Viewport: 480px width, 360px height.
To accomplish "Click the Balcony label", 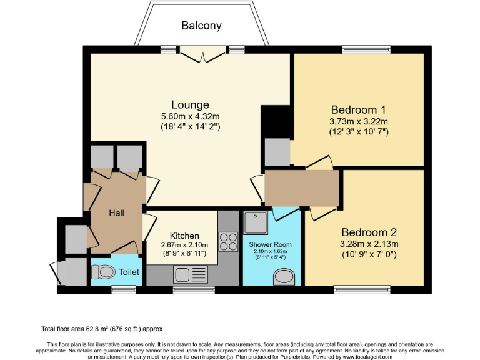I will coord(201,26).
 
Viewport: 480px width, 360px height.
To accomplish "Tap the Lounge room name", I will coord(191,104).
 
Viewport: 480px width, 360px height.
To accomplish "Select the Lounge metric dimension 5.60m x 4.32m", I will coord(191,116).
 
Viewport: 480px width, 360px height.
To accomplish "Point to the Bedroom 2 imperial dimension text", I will coord(369,255).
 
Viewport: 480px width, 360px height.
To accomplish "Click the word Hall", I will coord(116,213).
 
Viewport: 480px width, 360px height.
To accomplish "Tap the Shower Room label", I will coord(270,244).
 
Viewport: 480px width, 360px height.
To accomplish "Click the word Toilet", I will coord(130,272).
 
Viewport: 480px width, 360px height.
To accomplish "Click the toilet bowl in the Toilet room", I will coord(104,272).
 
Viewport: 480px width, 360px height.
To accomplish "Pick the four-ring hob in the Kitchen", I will coord(227,240).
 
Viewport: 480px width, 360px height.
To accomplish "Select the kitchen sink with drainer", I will coord(191,274).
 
